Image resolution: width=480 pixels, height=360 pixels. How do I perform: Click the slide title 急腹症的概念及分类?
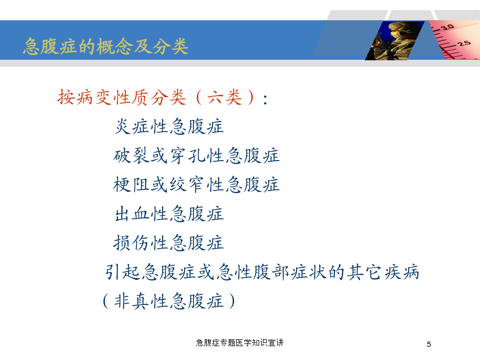(x=106, y=46)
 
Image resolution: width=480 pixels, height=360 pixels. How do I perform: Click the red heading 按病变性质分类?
(x=122, y=98)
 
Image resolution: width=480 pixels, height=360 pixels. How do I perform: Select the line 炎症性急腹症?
(x=169, y=126)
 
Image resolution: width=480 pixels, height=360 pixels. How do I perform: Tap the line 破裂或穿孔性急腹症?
(x=196, y=156)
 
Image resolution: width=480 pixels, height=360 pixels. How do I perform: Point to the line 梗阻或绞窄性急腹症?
(x=196, y=185)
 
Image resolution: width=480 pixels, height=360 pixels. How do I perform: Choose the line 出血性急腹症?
(x=169, y=214)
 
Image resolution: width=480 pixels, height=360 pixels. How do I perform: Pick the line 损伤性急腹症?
(x=169, y=243)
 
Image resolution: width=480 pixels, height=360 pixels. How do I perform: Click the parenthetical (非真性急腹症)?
(x=169, y=301)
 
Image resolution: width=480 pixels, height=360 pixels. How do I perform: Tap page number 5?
(x=429, y=345)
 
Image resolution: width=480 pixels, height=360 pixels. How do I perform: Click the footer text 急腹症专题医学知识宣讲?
(x=239, y=342)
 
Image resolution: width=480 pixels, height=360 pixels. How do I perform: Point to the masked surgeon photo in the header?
(x=395, y=41)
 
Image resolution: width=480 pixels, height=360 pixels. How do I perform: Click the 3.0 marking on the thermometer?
(x=447, y=27)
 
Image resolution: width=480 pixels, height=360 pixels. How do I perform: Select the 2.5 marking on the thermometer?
(x=464, y=43)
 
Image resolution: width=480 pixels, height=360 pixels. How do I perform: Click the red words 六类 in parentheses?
(x=225, y=98)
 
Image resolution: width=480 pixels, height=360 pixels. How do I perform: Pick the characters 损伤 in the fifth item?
(x=131, y=243)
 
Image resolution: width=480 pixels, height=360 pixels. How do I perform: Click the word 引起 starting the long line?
(x=123, y=272)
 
